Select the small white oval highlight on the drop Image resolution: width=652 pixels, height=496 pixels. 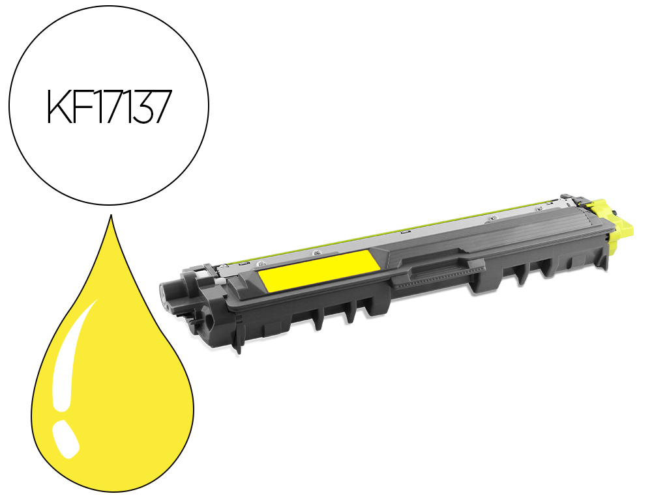(66, 439)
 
